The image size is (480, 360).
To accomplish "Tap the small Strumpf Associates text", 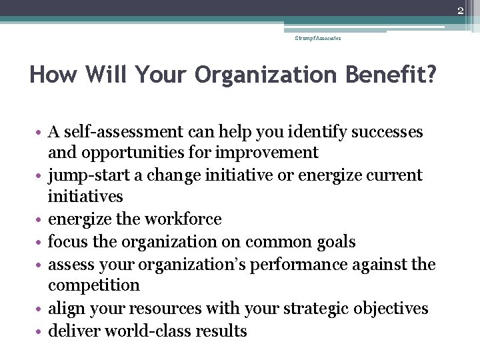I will (x=318, y=39).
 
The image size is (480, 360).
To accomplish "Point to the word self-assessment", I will (x=117, y=132).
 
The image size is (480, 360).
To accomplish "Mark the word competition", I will (x=93, y=285).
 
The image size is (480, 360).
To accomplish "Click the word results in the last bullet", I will (x=222, y=331).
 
